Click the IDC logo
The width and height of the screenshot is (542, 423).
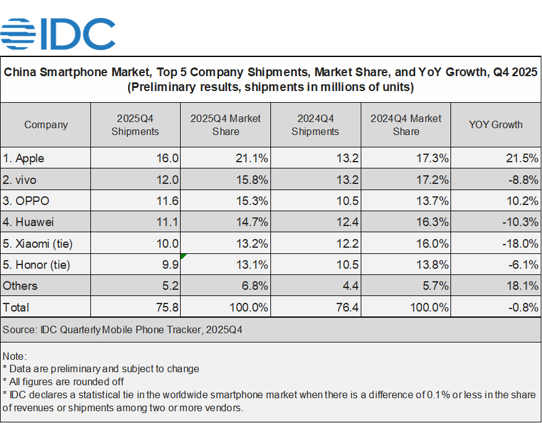pyautogui.click(x=58, y=35)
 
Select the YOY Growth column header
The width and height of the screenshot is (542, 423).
pyautogui.click(x=496, y=124)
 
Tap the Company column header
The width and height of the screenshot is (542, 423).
pyautogui.click(x=46, y=124)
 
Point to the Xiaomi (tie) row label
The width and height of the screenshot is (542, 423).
pyautogui.click(x=38, y=243)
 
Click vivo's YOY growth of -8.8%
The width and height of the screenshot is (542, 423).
pyautogui.click(x=522, y=180)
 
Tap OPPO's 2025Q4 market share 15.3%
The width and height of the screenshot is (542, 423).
pyautogui.click(x=253, y=201)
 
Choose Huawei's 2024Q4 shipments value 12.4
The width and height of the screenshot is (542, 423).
pyautogui.click(x=347, y=222)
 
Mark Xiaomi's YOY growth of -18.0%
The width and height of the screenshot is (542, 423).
pyautogui.click(x=520, y=243)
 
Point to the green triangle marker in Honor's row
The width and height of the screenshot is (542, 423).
pyautogui.click(x=183, y=256)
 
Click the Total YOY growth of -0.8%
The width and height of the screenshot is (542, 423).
pyautogui.click(x=522, y=307)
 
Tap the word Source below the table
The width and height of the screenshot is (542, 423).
pyautogui.click(x=19, y=330)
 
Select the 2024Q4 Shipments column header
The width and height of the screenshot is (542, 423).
pyautogui.click(x=315, y=124)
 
